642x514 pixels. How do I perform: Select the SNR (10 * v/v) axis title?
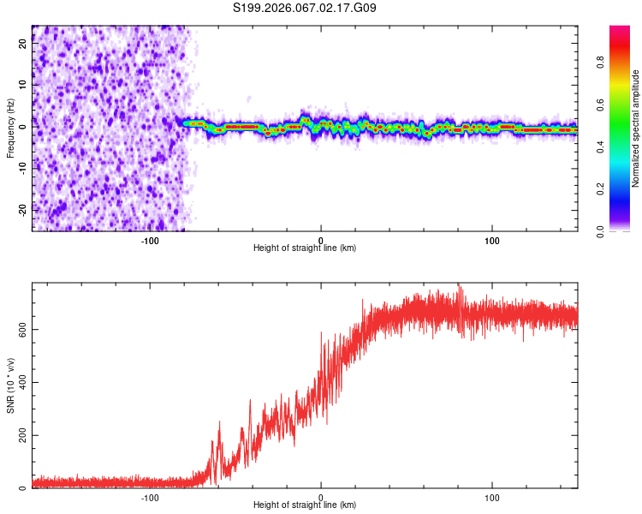pos(11,385)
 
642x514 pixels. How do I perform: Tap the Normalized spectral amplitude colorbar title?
pos(635,128)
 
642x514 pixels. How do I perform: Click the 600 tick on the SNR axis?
pos(22,330)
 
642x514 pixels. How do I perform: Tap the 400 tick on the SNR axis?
pos(22,383)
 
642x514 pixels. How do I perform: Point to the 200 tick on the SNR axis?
pos(22,436)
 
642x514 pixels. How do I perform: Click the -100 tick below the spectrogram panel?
pos(150,240)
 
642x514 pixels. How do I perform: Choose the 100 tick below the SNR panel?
pos(492,497)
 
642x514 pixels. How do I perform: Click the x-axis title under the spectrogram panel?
pos(305,248)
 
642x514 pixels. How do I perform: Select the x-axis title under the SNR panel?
pos(305,506)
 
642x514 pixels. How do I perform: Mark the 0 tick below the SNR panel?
pos(321,497)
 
